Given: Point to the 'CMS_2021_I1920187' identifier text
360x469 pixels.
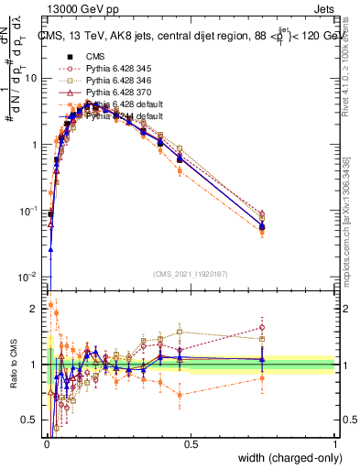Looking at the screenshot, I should tap(190, 272).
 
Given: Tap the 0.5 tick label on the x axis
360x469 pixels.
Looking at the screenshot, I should tap(191, 445).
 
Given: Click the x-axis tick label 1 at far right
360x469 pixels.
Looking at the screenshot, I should tap(334, 445).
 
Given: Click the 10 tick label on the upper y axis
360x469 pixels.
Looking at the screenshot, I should tap(30, 79).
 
